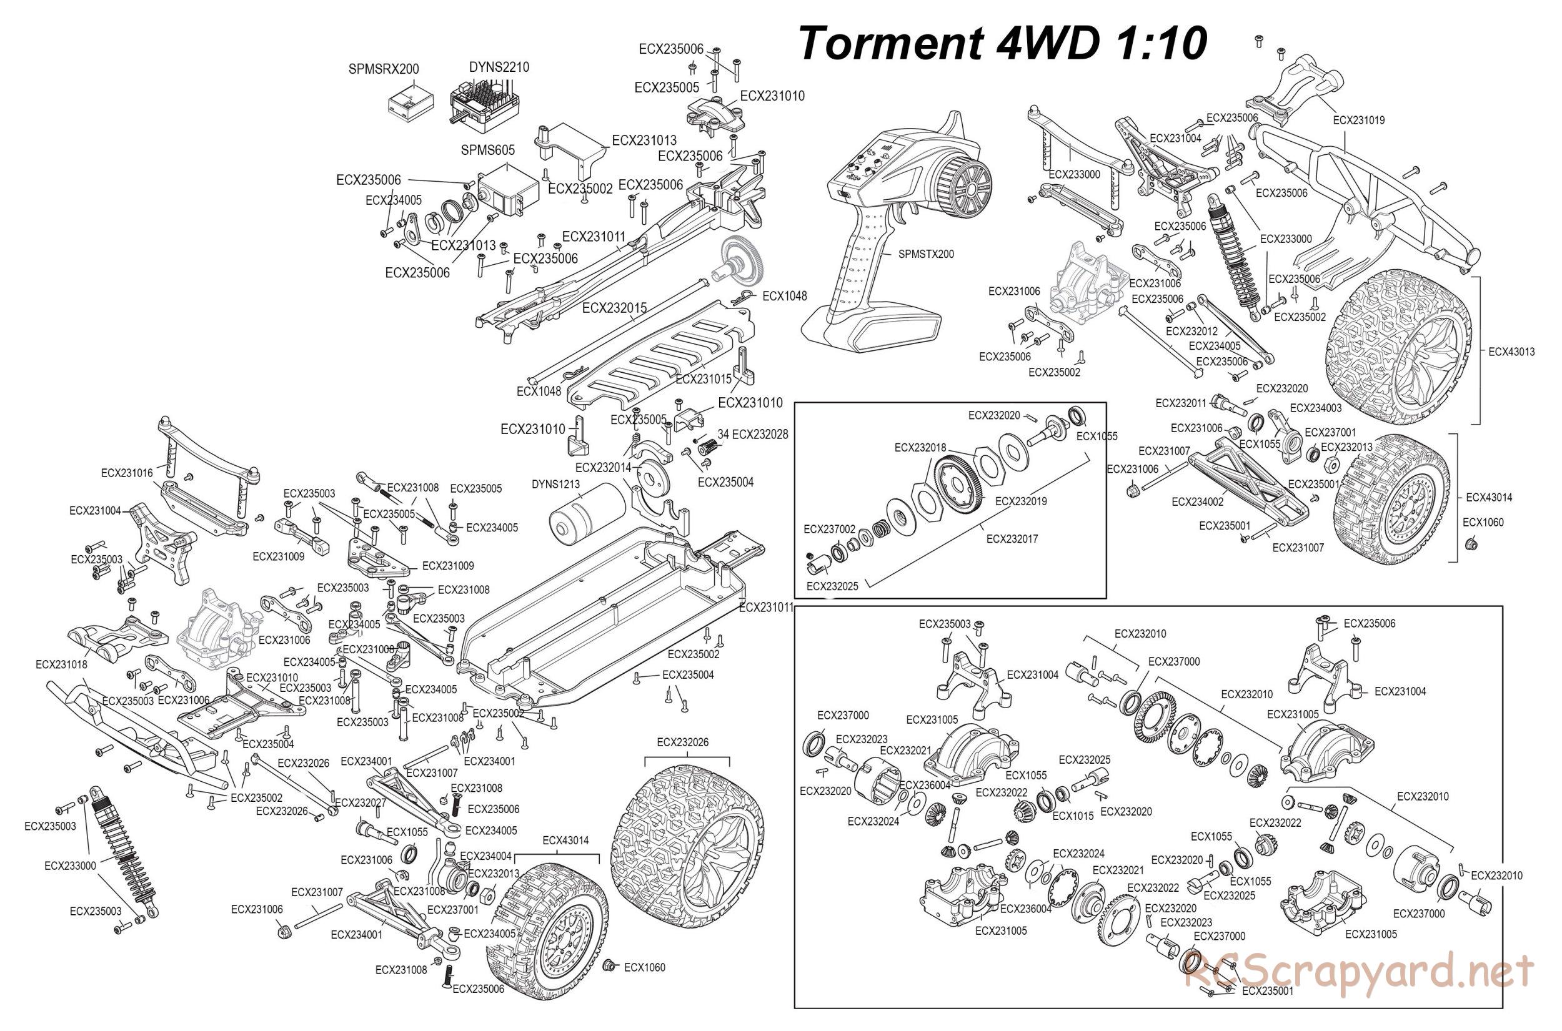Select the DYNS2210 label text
499,67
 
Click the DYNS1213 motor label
555,485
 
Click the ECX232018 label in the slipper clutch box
920,448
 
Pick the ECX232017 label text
1012,539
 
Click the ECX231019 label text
1358,121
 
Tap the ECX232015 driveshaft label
614,307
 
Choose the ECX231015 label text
703,380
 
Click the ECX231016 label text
126,473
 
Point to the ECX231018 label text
61,665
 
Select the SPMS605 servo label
487,150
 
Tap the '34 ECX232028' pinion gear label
752,435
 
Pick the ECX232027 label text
361,802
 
